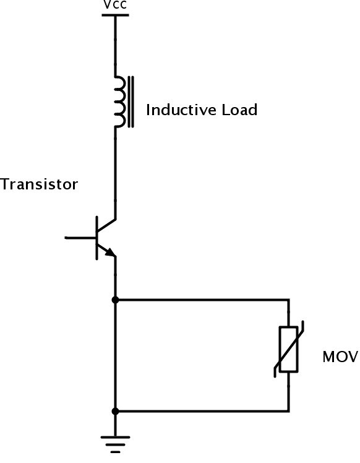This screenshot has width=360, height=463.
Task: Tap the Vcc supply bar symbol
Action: tap(114, 14)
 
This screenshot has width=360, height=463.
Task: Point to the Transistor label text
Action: tap(39, 184)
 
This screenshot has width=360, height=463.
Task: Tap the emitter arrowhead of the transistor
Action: tap(110, 252)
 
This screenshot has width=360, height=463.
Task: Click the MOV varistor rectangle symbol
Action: tap(288, 349)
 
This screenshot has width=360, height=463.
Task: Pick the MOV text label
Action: tap(339, 357)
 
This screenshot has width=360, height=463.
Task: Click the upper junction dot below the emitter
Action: tap(115, 300)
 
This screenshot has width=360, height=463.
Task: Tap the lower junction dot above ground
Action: tap(115, 411)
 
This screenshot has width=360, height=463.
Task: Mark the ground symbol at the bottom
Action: tap(115, 441)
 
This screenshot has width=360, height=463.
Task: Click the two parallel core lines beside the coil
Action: tap(131, 102)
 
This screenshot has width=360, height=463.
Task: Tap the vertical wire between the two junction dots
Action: tap(115, 356)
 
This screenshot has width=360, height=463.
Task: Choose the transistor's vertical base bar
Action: tap(96, 238)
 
